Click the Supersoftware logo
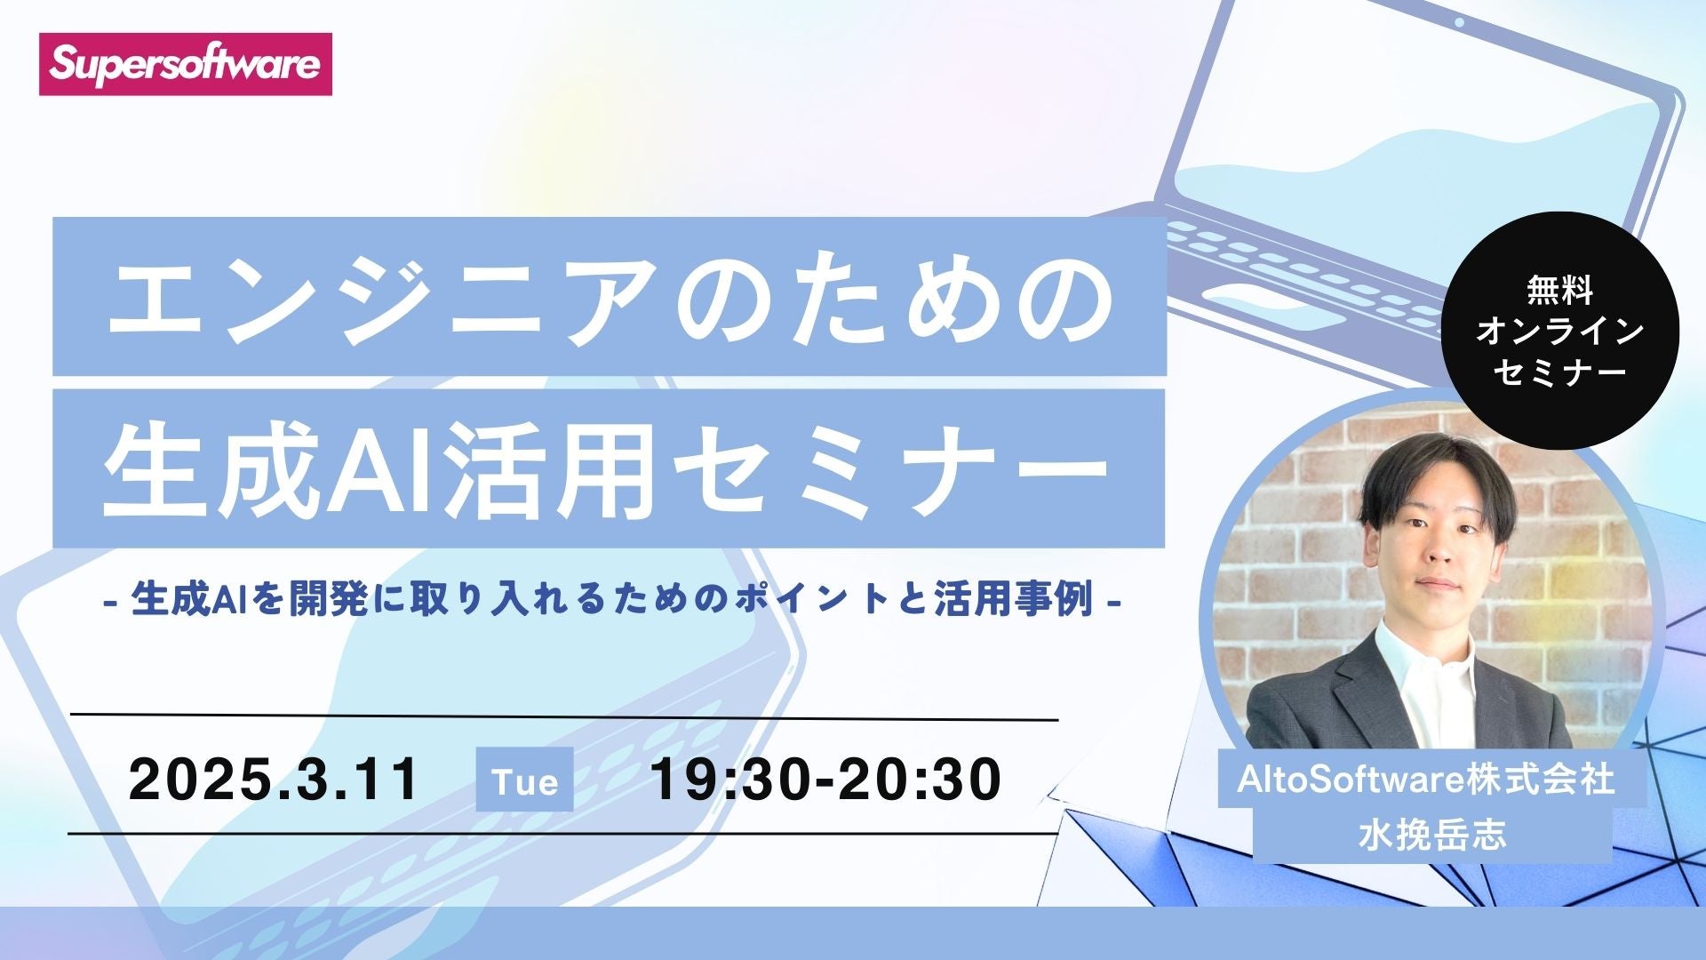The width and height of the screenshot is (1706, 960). click(x=185, y=64)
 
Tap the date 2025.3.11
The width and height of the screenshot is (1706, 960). click(x=274, y=780)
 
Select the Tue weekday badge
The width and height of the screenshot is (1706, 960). click(x=524, y=780)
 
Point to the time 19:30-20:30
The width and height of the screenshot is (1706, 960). click(x=826, y=780)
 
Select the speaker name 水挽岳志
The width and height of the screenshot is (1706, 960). click(x=1431, y=836)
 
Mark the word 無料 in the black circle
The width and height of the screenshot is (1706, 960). click(x=1559, y=291)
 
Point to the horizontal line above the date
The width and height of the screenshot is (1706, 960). click(x=563, y=716)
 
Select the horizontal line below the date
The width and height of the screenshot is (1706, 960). click(x=563, y=834)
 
